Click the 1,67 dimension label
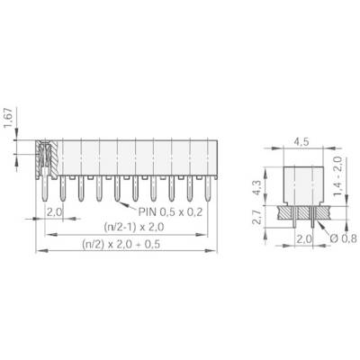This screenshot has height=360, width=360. coord(9,118)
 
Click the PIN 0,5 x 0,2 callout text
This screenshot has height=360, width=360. coord(170,212)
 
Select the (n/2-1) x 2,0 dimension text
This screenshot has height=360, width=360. coord(134,227)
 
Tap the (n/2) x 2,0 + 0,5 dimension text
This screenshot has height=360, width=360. coord(121,245)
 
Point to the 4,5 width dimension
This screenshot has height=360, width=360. coord(301,141)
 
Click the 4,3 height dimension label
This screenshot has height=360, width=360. coord(256,187)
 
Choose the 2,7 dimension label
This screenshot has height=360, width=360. coord(256,217)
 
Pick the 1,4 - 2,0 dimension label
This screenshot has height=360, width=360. coord(338,176)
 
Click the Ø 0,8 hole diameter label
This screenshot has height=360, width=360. coord(343,238)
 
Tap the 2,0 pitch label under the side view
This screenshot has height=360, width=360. coord(304,239)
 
